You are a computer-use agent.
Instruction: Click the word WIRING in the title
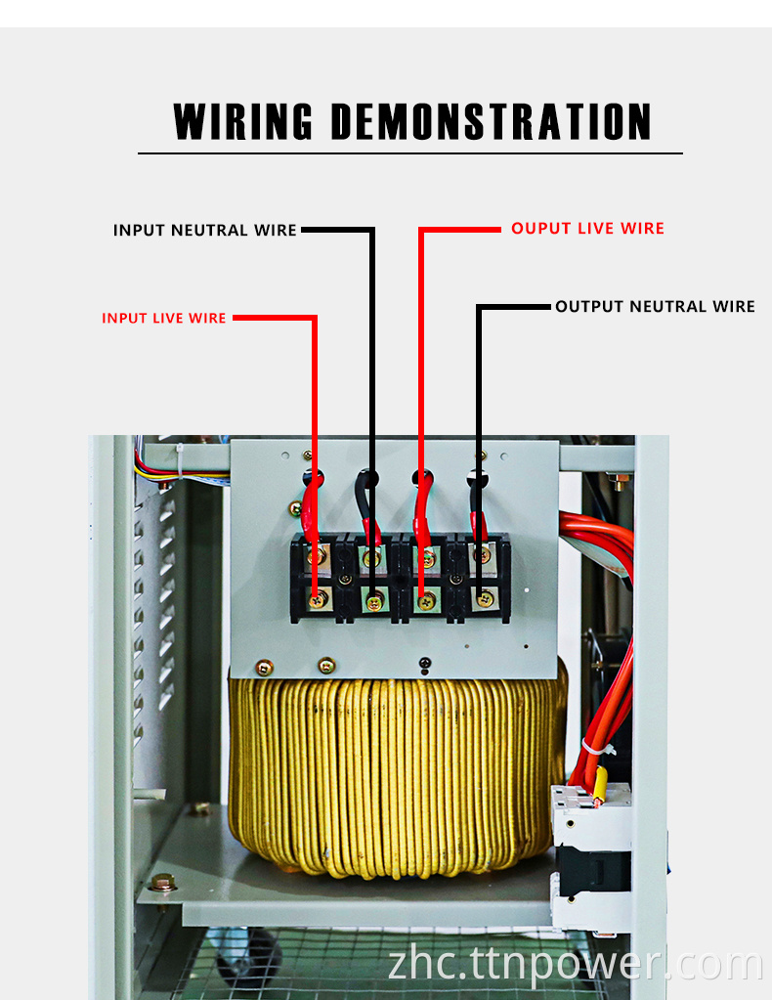click(x=243, y=121)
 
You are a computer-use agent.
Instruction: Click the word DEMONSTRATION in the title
click(x=492, y=121)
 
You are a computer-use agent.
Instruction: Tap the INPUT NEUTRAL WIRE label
click(x=204, y=231)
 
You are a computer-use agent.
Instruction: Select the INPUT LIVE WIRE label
click(x=164, y=319)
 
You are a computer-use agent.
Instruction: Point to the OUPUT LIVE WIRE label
click(x=587, y=229)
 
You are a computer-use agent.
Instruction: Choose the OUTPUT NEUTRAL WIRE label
click(x=655, y=307)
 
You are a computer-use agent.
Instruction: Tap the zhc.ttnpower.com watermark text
click(x=575, y=963)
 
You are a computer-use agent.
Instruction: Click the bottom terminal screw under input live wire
click(x=318, y=599)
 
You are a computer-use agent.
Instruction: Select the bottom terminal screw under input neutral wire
click(x=373, y=600)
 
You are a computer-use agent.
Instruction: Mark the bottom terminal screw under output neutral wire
click(x=485, y=598)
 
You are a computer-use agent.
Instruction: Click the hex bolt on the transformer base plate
click(x=163, y=883)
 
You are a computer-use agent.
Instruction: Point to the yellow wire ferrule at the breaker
click(x=599, y=784)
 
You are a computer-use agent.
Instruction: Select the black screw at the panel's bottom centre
click(x=424, y=664)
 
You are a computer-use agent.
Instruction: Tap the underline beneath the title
click(x=409, y=153)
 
